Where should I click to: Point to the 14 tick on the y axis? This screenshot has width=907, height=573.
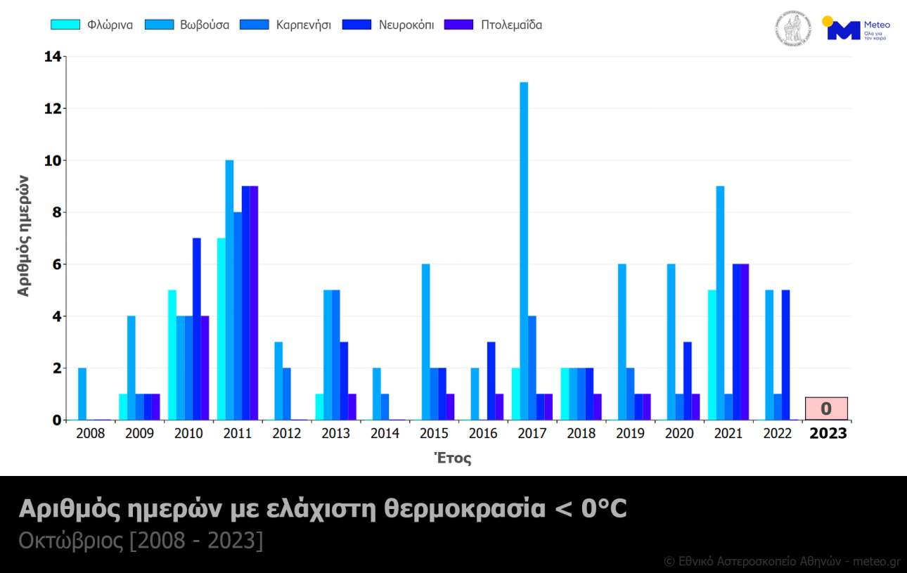(x=52, y=57)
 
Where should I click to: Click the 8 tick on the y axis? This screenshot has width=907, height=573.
(x=56, y=212)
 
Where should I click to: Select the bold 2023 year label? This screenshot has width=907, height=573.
(x=828, y=434)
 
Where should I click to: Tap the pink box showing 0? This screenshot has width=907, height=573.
(x=826, y=408)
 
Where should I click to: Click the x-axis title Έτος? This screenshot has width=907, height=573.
(x=452, y=458)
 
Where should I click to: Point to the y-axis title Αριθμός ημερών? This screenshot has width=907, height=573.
(x=24, y=236)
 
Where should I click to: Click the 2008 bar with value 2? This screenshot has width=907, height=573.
(x=82, y=394)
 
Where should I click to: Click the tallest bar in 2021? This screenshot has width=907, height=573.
(x=720, y=303)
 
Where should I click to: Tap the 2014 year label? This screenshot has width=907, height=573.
(x=385, y=434)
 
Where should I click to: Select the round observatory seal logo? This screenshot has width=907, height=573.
(x=793, y=29)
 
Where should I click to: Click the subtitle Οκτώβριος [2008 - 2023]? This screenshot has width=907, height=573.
(x=141, y=543)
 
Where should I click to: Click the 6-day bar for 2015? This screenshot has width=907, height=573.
(x=425, y=342)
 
